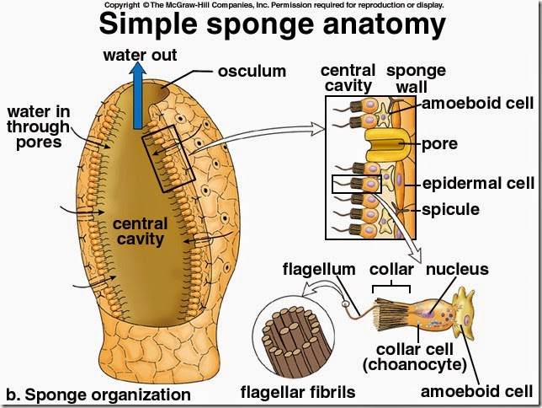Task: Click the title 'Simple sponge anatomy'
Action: pos(271,25)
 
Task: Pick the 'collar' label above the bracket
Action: pos(392,270)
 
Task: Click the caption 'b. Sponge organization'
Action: pos(98,394)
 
